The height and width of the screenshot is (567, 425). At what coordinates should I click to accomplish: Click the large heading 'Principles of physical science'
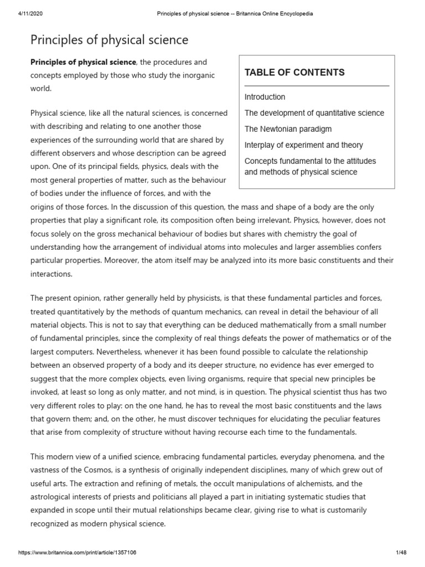pyautogui.click(x=109, y=40)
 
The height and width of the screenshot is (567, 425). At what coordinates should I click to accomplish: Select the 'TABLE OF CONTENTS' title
pyautogui.click(x=294, y=73)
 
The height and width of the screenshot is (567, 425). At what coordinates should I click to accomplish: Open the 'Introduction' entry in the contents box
pyautogui.click(x=265, y=97)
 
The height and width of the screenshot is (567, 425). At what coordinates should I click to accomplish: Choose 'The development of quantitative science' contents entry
pyautogui.click(x=314, y=113)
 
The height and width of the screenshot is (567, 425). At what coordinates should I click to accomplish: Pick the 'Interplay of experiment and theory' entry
pyautogui.click(x=304, y=145)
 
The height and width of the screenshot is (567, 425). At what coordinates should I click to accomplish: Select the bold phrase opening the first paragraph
pyautogui.click(x=82, y=62)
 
